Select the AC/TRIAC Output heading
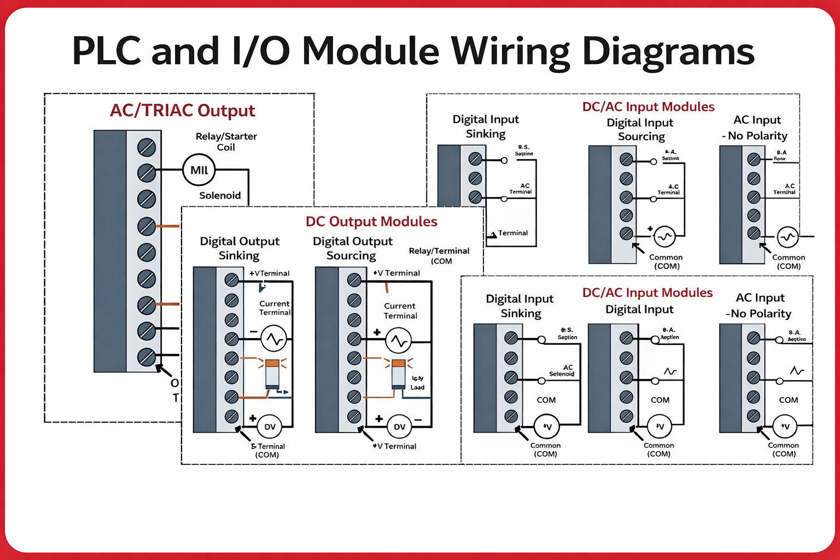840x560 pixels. tap(182, 110)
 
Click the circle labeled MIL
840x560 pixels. tap(199, 170)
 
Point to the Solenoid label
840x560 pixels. tap(220, 195)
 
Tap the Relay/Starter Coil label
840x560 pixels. tap(226, 142)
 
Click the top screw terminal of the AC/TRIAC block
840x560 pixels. tap(147, 147)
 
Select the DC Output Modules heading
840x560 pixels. tap(371, 221)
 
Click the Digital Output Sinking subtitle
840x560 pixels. tap(240, 248)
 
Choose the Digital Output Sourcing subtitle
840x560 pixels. tap(352, 248)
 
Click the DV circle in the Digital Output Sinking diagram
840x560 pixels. tap(270, 427)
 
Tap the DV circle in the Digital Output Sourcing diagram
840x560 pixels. tap(400, 427)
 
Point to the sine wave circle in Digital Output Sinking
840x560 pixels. tap(273, 339)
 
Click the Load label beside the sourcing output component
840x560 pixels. tap(417, 387)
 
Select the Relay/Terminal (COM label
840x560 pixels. tap(439, 255)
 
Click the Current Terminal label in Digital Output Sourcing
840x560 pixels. tap(400, 311)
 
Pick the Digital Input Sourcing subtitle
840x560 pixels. tap(640, 130)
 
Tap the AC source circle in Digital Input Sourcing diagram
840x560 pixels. tap(664, 236)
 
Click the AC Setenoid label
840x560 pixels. tap(563, 371)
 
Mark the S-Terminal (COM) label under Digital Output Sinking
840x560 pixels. tap(267, 451)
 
